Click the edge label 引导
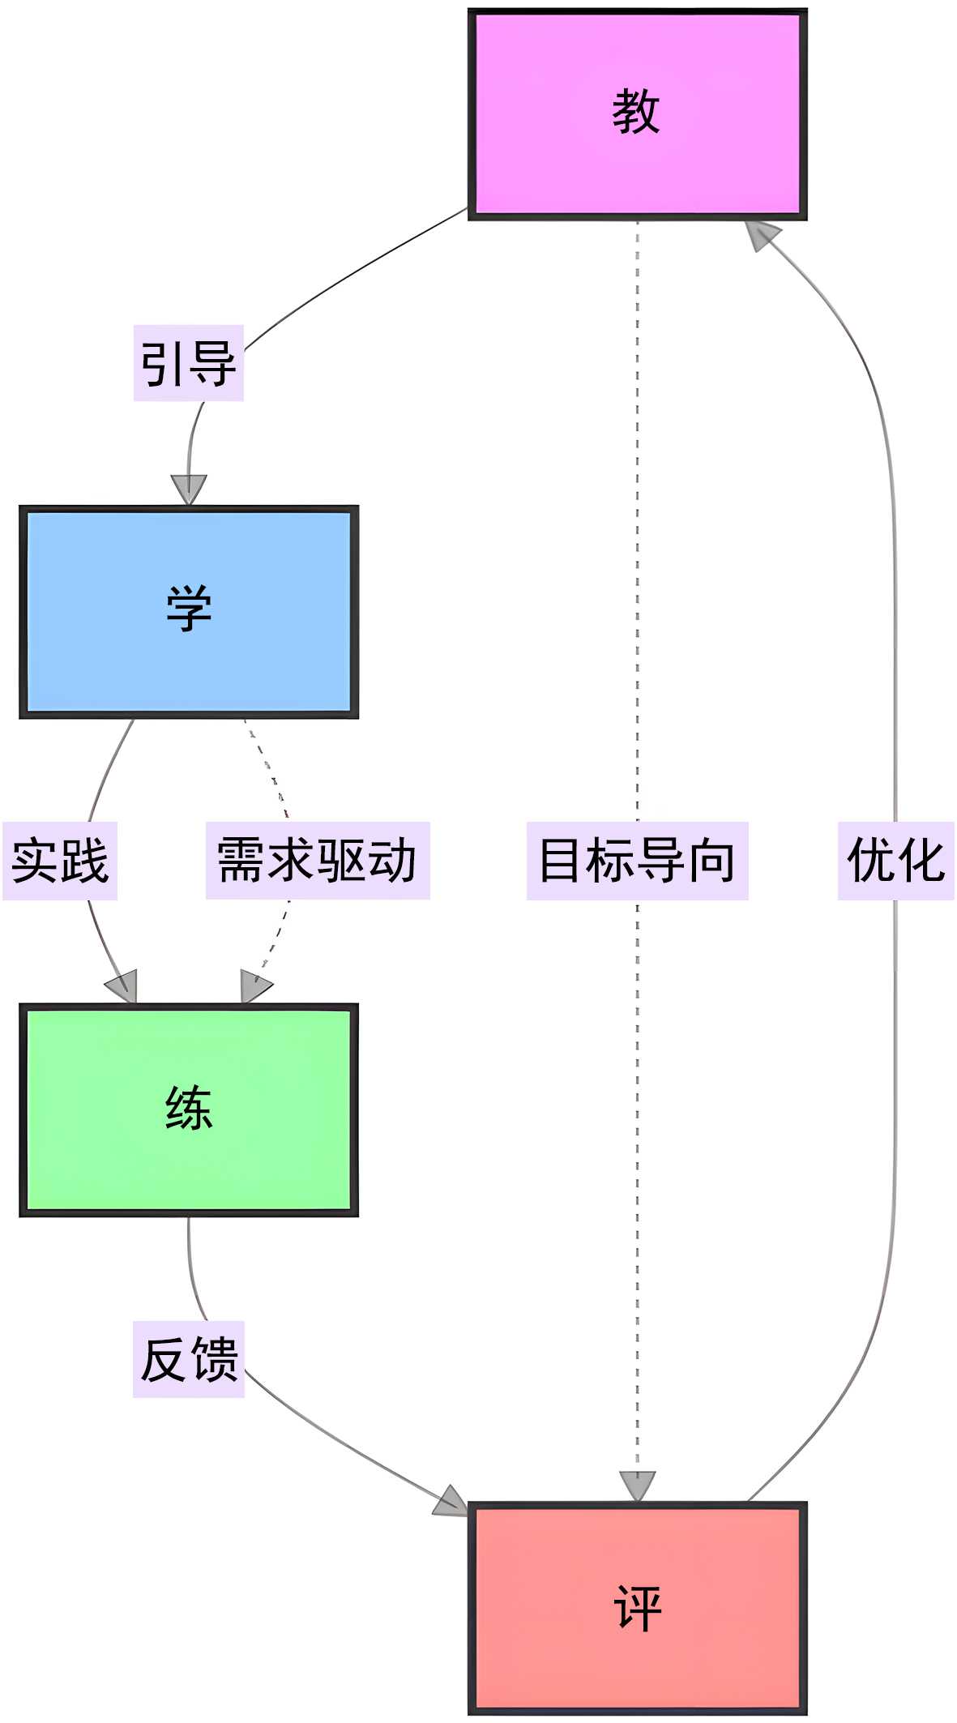189,363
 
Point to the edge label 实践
60,861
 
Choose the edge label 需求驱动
318,861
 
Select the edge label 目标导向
637,861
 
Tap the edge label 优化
895,861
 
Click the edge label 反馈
189,1359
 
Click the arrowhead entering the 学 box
189,490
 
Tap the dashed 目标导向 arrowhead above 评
637,1486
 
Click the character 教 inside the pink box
636,112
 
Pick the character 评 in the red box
638,1608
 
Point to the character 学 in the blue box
189,609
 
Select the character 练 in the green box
189,1108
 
